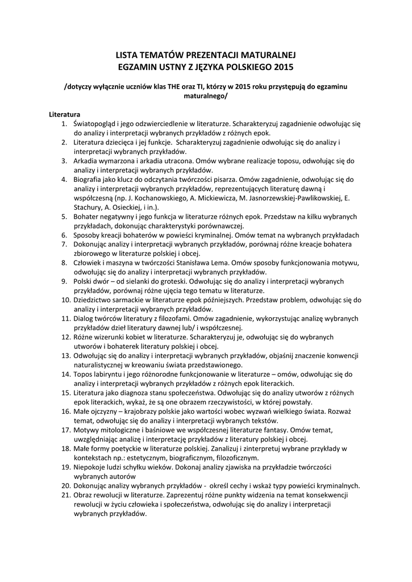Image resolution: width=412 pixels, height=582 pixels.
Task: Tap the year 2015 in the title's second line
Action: pyautogui.click(x=282, y=66)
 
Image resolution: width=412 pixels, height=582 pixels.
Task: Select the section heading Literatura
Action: pyautogui.click(x=65, y=114)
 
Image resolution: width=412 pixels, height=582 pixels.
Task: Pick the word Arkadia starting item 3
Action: pyautogui.click(x=86, y=160)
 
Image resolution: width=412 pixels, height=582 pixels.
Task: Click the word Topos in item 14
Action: pyautogui.click(x=84, y=375)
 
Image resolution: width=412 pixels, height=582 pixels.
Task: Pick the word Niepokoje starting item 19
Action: pyautogui.click(x=92, y=467)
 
